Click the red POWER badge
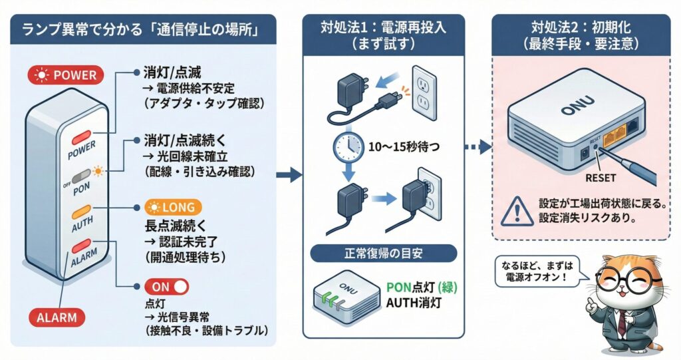click(66, 75)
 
